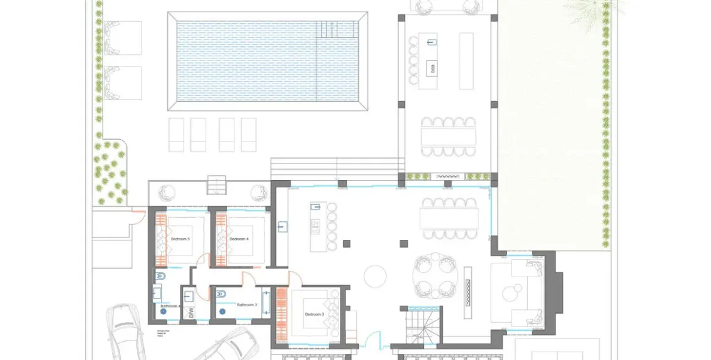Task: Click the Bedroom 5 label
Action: click(181, 239)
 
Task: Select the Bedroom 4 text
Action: click(240, 239)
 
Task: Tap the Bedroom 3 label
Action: click(316, 314)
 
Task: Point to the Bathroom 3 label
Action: click(247, 304)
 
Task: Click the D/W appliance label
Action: click(190, 314)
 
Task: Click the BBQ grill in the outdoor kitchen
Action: click(430, 67)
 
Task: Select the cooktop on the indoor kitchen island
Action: click(316, 227)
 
